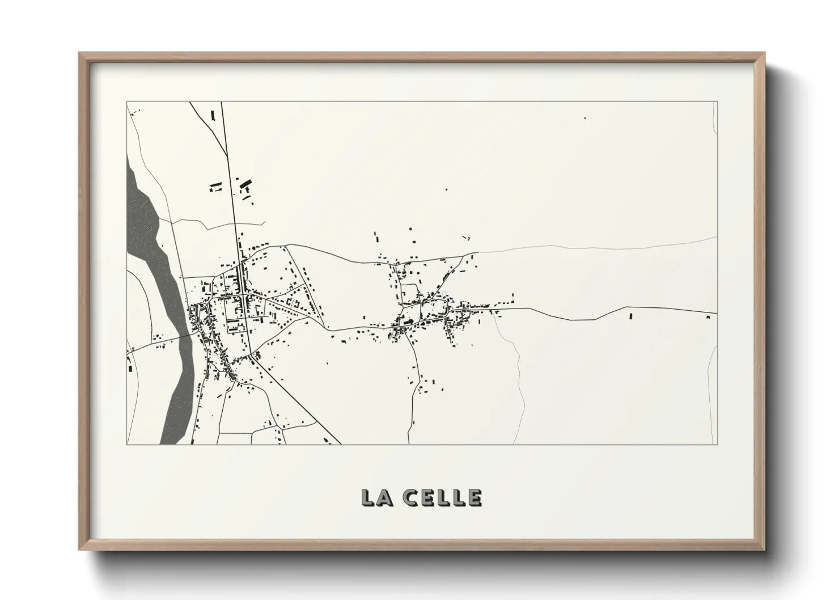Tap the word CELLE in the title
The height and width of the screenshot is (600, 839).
tap(443, 497)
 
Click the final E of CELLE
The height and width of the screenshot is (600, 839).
tap(475, 497)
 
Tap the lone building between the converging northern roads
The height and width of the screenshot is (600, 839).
tap(213, 115)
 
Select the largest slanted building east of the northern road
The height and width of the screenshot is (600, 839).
tap(246, 184)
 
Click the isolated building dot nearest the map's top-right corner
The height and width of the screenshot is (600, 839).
tap(585, 118)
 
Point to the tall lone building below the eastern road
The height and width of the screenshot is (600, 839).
tap(630, 316)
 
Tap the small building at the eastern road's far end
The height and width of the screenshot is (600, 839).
tap(707, 318)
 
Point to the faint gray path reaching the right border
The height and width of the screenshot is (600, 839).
tap(624, 245)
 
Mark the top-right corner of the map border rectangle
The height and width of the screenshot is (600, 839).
tap(717, 102)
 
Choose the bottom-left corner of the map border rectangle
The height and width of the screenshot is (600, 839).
tap(126, 444)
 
